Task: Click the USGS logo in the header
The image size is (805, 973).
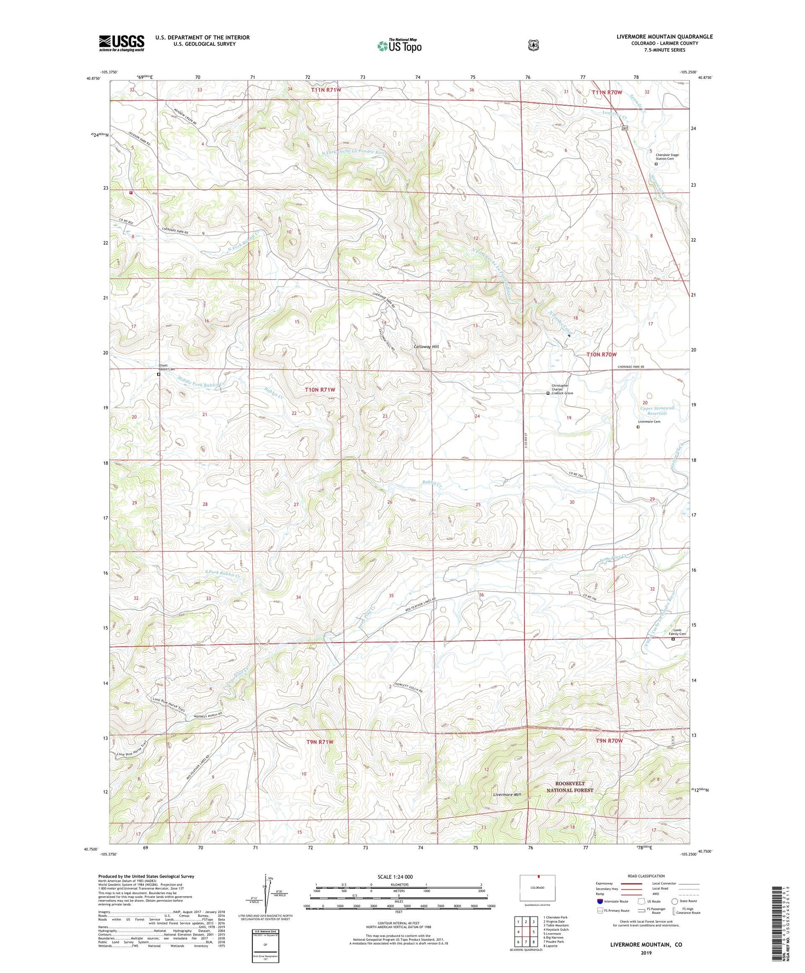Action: coord(121,43)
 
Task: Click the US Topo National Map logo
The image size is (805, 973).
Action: coord(399,46)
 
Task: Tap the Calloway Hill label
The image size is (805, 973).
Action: coord(426,347)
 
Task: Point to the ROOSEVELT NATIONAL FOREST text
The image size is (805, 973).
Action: coord(569,787)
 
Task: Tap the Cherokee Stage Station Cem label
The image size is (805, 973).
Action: coord(667,157)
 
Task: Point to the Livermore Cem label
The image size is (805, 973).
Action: coord(648,422)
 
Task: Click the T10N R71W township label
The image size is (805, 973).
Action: coord(320,390)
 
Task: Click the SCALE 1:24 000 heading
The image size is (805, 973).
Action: coord(395,876)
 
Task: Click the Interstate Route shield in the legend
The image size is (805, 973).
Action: coord(600,901)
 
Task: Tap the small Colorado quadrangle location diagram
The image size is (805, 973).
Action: coord(537,888)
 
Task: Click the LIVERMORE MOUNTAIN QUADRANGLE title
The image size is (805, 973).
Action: coord(664,36)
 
